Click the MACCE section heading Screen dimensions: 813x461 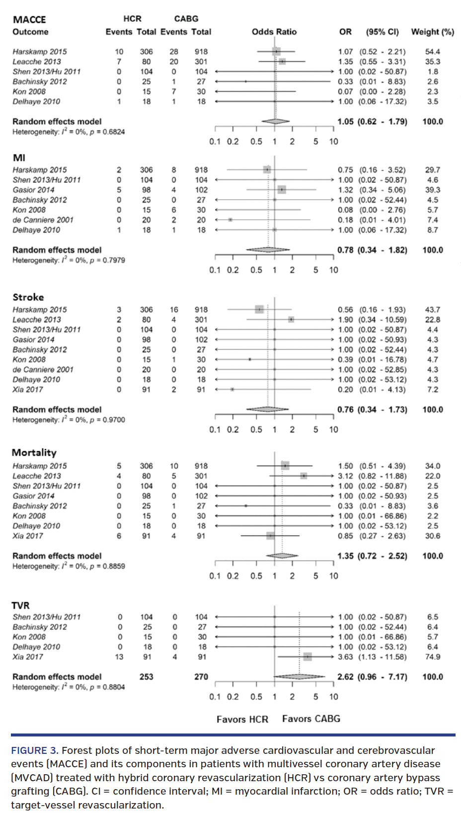(x=29, y=19)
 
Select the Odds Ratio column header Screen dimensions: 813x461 (x=274, y=32)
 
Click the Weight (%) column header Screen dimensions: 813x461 (x=432, y=32)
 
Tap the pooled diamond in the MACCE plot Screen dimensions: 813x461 (x=276, y=121)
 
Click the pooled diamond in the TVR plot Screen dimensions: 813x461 (x=300, y=676)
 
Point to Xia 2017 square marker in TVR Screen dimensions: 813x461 (x=307, y=656)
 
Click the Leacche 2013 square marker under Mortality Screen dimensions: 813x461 (x=304, y=476)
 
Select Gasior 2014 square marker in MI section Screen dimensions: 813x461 (x=282, y=190)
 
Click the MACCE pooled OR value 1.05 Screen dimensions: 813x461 (x=345, y=121)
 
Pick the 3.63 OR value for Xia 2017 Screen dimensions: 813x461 (x=345, y=656)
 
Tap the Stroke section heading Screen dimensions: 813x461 (x=28, y=297)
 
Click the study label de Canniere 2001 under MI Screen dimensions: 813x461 (x=43, y=220)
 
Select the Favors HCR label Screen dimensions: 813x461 (x=242, y=719)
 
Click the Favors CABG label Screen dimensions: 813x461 (x=311, y=719)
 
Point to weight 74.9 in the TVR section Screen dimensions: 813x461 (x=432, y=656)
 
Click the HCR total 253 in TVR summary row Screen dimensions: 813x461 (x=146, y=676)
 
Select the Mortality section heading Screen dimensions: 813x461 (x=34, y=452)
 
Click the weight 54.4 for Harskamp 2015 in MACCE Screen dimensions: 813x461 (x=432, y=52)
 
